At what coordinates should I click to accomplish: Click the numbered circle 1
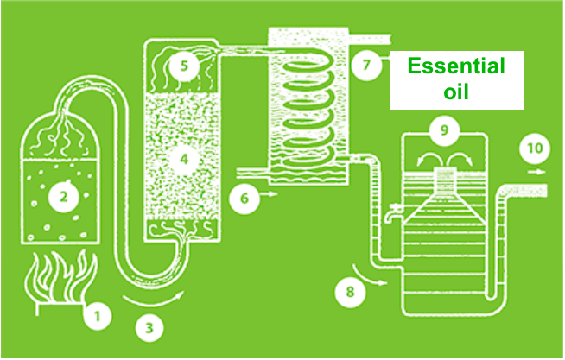coord(98,317)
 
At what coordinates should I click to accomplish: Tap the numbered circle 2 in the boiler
coord(62,198)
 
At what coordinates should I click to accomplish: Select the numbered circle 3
coord(149,328)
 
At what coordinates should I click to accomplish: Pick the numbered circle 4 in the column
coord(183,159)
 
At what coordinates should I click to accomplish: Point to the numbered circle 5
coord(184,65)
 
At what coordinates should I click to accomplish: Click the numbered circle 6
coord(244,198)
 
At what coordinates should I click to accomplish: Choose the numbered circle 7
coord(366,65)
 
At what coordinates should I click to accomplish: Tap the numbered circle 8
coord(349,291)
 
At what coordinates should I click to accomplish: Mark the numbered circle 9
coord(444,131)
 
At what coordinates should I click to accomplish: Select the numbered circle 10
coord(535,148)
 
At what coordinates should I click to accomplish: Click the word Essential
coord(455,66)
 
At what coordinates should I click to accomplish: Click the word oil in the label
coord(455,91)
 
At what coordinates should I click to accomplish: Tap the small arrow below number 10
coord(539,172)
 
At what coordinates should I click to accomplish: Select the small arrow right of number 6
coord(271,196)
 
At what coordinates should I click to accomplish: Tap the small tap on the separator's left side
coord(393,211)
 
